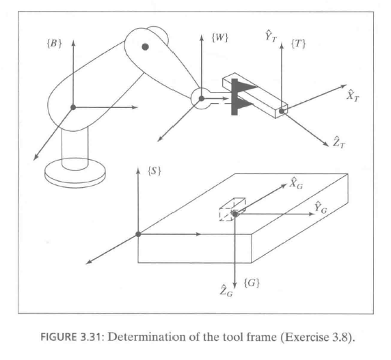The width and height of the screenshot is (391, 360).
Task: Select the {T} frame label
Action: [x=299, y=44]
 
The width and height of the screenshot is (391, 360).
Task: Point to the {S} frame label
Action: [x=154, y=171]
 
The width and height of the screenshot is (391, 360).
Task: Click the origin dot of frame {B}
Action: [x=72, y=107]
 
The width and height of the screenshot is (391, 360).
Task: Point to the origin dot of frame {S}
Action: [x=138, y=234]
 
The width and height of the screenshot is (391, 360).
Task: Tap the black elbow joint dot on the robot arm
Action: [x=145, y=46]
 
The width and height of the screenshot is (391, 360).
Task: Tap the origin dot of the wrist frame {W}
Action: [x=201, y=99]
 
